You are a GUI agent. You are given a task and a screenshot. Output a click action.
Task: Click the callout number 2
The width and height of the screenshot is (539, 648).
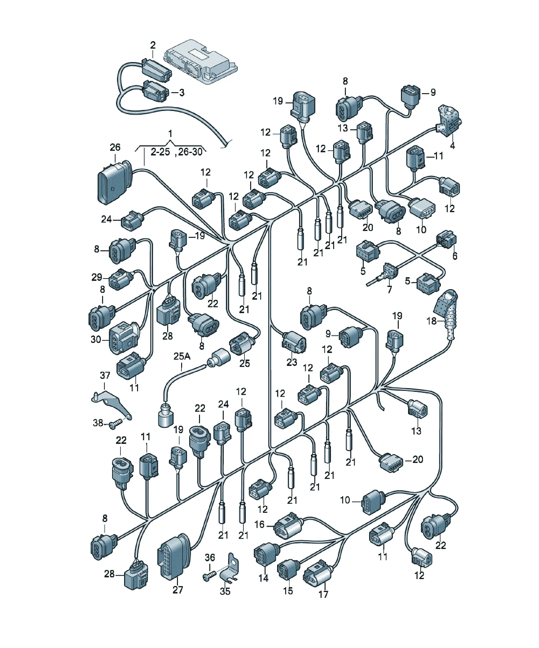(x=153, y=45)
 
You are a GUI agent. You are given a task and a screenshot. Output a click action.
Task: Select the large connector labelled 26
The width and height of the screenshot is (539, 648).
(x=114, y=182)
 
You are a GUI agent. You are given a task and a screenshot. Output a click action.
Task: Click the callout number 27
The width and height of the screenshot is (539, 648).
(x=178, y=590)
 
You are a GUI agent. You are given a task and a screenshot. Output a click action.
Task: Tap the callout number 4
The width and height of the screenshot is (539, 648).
(x=452, y=145)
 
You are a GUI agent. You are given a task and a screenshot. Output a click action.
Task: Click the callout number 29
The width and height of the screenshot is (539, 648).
(x=97, y=277)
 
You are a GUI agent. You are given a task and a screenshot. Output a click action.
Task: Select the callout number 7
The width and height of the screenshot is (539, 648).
(x=389, y=289)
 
